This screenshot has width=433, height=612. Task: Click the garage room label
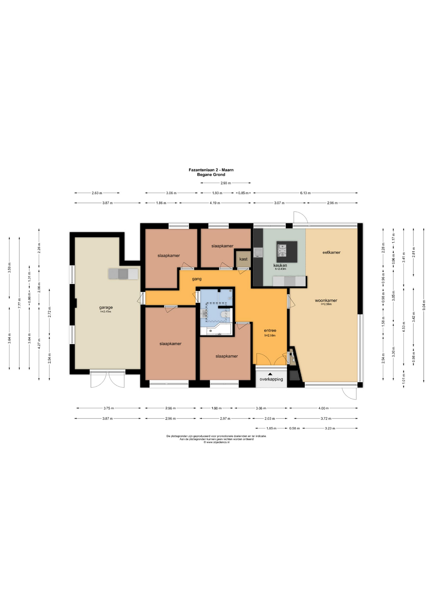pos(106,308)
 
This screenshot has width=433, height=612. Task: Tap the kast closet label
pos(243,259)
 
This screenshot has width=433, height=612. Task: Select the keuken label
pos(280,265)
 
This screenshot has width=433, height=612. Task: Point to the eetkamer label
pos(332,252)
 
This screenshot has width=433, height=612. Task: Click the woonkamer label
pos(326,300)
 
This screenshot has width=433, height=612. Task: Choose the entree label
pos(270,331)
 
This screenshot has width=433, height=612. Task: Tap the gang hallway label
pos(197,279)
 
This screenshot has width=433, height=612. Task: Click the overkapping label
pos(271,379)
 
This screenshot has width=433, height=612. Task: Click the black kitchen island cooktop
pos(287,251)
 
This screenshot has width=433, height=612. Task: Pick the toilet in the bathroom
pos(225,315)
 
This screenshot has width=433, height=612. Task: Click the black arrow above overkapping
pos(270,374)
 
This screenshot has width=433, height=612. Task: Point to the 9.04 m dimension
pos(424,305)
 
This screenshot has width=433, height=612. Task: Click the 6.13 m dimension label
pos(305,193)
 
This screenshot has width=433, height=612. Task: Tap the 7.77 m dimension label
pos(19,303)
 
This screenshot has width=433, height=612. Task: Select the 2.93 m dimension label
pos(226,183)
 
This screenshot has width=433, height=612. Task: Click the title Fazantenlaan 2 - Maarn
pos(211,170)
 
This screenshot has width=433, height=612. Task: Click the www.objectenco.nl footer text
pos(216,442)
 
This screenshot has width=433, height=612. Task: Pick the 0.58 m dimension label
pos(295,428)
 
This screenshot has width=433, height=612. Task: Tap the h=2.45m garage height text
pos(106,311)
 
